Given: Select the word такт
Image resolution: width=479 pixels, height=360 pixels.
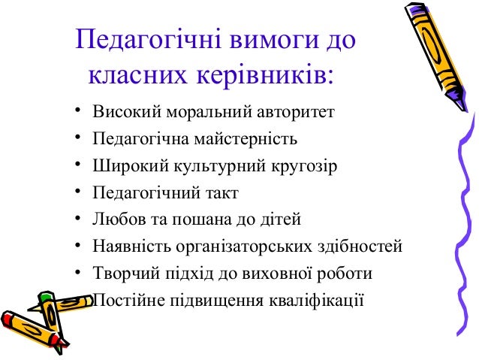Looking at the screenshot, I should (x=220, y=192).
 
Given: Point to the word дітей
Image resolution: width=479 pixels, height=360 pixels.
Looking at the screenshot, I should (x=281, y=219).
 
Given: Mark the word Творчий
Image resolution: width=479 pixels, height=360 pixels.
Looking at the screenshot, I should (x=120, y=272).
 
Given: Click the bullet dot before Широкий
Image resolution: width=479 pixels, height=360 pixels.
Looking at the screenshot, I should (x=77, y=165).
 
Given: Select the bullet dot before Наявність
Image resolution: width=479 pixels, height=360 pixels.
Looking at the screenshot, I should (x=77, y=246).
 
